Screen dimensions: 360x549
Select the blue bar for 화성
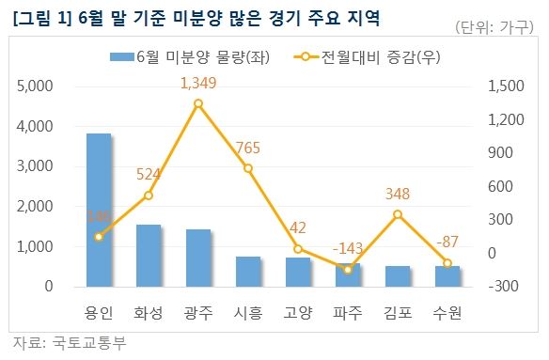click(149, 255)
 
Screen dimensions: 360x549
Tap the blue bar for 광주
click(198, 257)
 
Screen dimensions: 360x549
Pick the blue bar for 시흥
click(248, 271)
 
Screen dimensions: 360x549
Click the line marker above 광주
click(198, 103)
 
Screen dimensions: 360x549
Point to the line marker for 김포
click(398, 214)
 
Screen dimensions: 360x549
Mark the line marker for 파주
click(348, 270)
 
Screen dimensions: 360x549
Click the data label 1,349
click(198, 85)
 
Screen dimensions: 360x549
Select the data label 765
click(248, 149)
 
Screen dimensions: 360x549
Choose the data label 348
click(398, 195)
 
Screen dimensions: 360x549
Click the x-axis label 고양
click(298, 309)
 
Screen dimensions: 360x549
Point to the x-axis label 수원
click(447, 309)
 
